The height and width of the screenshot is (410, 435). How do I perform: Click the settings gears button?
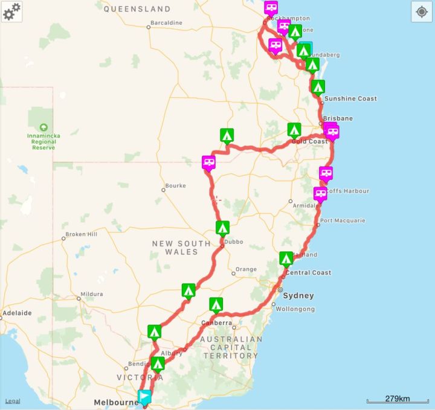[x=11, y=11]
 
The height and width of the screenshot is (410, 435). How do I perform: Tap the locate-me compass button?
[x=422, y=11]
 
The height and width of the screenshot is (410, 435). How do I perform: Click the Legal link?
[x=12, y=401]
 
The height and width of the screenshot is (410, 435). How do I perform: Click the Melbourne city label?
[x=116, y=403]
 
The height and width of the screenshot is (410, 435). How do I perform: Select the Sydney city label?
[x=298, y=296]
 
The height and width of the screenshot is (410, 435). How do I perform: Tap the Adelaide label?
[x=17, y=313]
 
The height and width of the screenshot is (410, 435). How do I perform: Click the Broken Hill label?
[x=81, y=234]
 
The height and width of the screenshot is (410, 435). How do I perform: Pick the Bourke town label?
[x=175, y=186]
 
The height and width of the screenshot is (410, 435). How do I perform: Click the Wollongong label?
[x=295, y=309]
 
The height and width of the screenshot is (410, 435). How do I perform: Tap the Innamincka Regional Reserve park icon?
[x=43, y=127]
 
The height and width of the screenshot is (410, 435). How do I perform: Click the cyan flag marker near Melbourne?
[x=144, y=397]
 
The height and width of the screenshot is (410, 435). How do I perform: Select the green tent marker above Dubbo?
[x=222, y=228]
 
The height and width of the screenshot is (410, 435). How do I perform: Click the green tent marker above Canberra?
[x=216, y=304]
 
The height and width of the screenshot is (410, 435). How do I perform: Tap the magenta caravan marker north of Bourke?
[x=208, y=162]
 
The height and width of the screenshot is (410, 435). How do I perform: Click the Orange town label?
[x=246, y=269]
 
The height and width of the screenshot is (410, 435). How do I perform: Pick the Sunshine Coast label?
[x=350, y=98]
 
